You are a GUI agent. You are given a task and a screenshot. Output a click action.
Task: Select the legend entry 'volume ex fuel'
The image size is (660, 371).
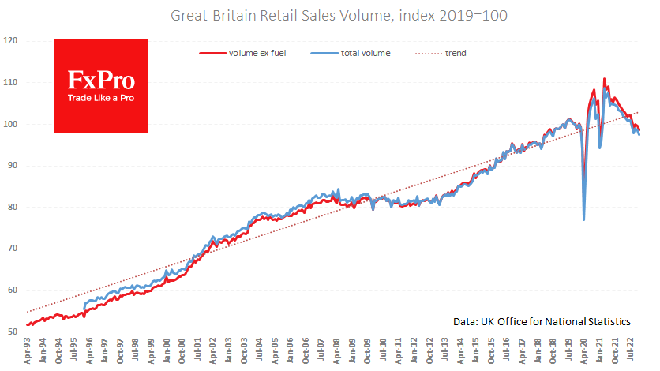point(252,54)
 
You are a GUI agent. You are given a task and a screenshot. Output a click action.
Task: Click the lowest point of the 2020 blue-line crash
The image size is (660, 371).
point(583,219)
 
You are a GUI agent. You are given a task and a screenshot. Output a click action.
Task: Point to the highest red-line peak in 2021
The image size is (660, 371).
point(604,79)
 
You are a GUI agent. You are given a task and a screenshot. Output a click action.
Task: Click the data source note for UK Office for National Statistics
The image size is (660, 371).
point(542,321)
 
